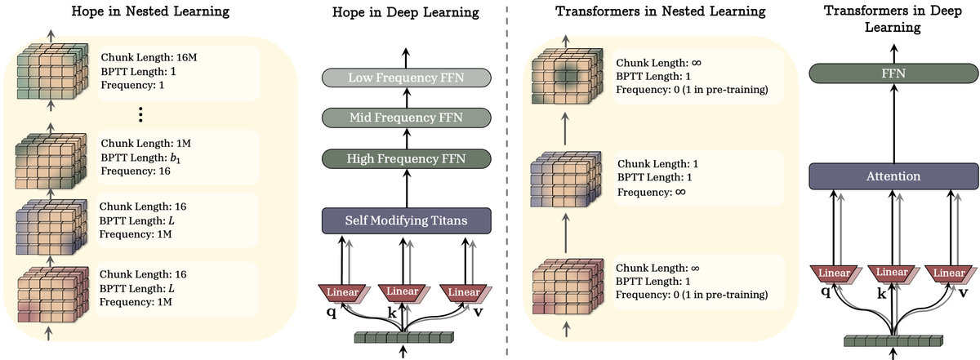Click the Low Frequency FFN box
click(406, 78)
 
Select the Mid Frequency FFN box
click(406, 118)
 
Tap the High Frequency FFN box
click(406, 158)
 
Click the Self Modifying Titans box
click(406, 220)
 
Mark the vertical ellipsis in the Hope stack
click(140, 113)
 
